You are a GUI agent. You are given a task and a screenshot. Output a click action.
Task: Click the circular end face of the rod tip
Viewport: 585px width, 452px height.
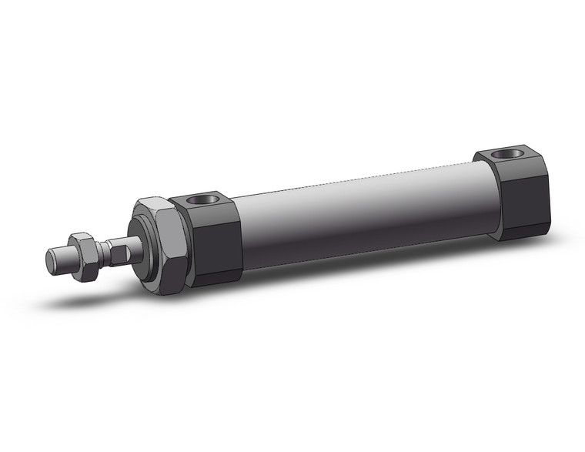pyautogui.click(x=51, y=261)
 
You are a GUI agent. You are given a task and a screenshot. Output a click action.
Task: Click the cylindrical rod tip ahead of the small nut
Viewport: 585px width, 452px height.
pyautogui.click(x=62, y=257)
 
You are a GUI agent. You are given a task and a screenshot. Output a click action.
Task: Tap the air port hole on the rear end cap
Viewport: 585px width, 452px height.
pyautogui.click(x=505, y=153)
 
